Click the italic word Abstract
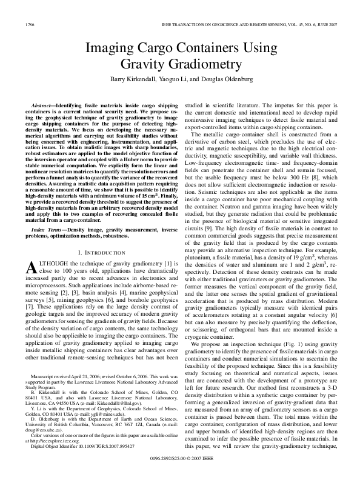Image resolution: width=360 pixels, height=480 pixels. pyautogui.click(x=42, y=105)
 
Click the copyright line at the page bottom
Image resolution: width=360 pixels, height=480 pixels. pyautogui.click(x=180, y=468)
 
